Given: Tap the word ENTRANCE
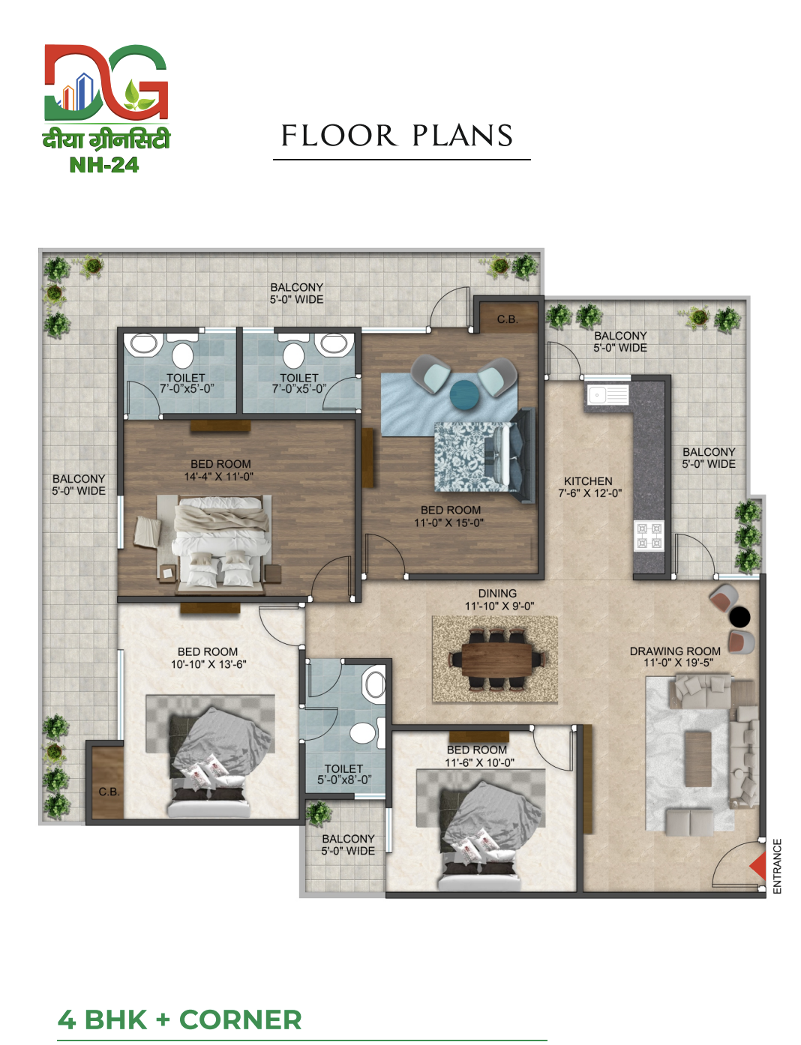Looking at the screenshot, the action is click(x=777, y=866).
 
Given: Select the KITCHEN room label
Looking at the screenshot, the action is click(x=588, y=481).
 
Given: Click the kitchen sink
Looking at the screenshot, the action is click(x=607, y=395).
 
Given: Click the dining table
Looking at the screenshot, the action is click(x=497, y=660).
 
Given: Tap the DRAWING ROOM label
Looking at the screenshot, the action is click(x=675, y=651).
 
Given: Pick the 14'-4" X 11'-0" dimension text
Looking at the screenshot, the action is click(x=219, y=477).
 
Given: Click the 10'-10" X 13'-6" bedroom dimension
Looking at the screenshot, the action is click(x=208, y=664).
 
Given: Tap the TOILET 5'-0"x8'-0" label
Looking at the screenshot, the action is click(x=343, y=774).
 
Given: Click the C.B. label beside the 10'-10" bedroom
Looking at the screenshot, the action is click(x=109, y=792).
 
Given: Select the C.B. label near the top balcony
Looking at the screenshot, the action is click(x=508, y=319).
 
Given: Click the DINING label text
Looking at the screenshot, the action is click(x=497, y=594).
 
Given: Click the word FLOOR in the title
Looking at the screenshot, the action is click(x=338, y=136).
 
